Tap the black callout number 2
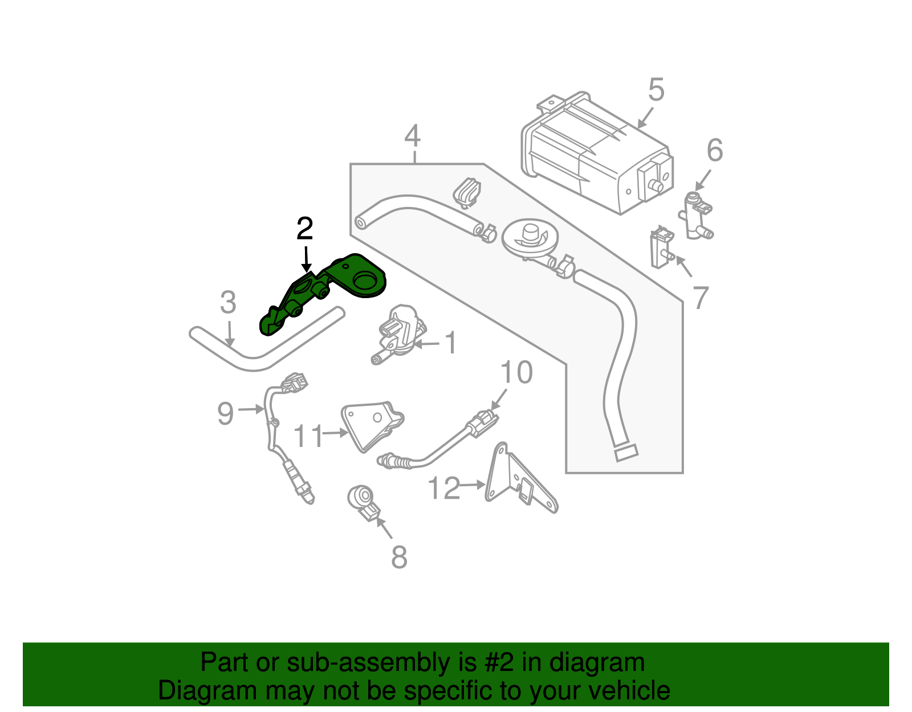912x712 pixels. click(x=305, y=229)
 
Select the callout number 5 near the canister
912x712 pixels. click(x=656, y=90)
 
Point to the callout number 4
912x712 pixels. click(x=413, y=136)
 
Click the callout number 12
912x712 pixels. click(x=443, y=489)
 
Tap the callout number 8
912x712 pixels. click(x=399, y=557)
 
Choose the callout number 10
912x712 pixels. click(x=516, y=373)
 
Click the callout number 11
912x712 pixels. click(x=308, y=437)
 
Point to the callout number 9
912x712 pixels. click(x=226, y=413)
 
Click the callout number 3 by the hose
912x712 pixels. click(x=228, y=303)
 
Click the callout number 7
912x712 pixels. click(x=700, y=297)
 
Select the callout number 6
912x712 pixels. click(x=715, y=150)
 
